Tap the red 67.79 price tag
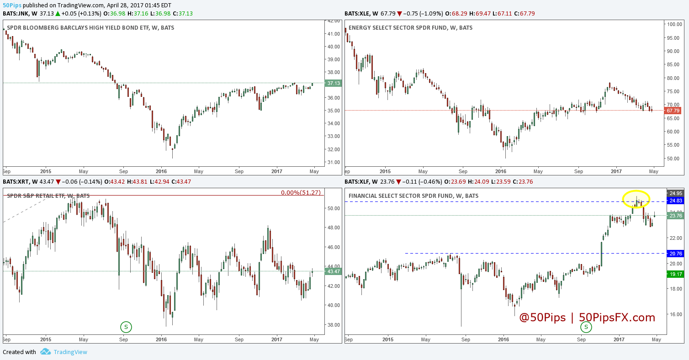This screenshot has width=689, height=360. coord(673,111)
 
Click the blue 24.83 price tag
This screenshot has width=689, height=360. coord(675,201)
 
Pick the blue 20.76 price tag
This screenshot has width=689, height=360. coord(675,253)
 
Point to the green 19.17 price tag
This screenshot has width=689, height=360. coord(675,274)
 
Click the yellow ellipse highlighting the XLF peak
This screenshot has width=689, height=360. coord(636,199)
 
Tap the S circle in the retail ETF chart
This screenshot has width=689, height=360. coord(126,327)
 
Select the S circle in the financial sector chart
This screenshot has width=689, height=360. coord(586,327)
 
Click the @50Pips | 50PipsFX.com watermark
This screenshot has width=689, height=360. coord(587,318)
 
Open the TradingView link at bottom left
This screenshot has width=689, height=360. coord(70,352)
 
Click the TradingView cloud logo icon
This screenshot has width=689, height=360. coord(45,352)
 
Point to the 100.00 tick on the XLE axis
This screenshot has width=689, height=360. coord(674,24)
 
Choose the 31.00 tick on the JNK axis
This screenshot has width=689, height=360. coord(334,162)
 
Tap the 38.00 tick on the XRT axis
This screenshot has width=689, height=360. coord(334,325)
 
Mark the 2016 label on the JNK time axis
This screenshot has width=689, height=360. coord(161,172)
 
